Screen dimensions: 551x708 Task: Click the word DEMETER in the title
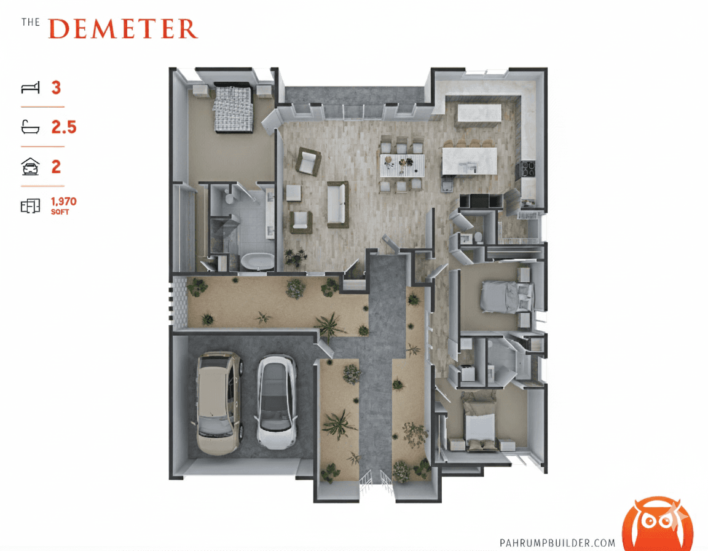(x=123, y=29)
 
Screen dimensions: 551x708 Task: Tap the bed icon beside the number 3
(x=30, y=88)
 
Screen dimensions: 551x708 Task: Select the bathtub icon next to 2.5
(x=30, y=127)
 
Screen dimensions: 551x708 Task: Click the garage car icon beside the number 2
(x=30, y=167)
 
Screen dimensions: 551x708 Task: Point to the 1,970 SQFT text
(x=63, y=205)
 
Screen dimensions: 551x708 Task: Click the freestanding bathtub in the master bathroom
(x=256, y=261)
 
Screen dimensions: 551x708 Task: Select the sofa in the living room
(x=337, y=204)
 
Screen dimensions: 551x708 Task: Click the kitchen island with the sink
(x=468, y=161)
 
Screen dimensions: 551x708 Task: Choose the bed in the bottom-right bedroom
(x=479, y=424)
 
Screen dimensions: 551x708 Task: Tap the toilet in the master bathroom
(x=228, y=197)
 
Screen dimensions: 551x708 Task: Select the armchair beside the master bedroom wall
(x=308, y=162)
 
